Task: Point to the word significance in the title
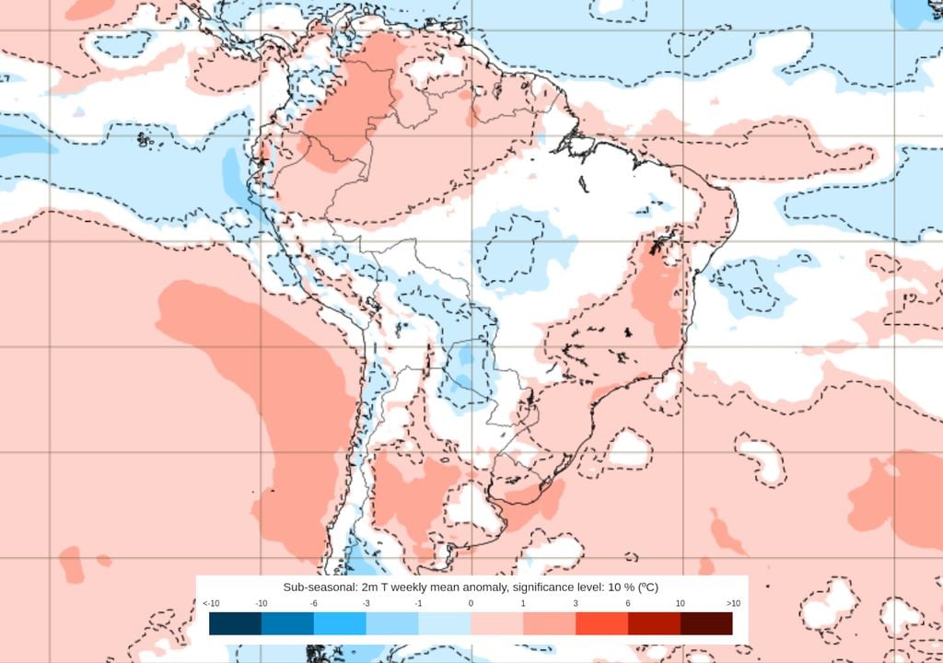pos(535,587)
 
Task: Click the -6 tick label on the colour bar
pos(314,603)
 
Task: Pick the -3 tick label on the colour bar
pos(367,603)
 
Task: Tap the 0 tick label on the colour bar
pos(471,603)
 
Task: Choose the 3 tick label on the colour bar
pos(576,603)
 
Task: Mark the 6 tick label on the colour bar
pos(628,603)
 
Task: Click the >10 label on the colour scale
pos(733,603)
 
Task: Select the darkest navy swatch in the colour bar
pos(235,623)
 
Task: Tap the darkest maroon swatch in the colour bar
pos(706,623)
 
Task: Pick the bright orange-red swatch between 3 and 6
pos(601,623)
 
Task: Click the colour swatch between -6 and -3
pos(340,623)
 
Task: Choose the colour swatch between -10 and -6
pos(287,623)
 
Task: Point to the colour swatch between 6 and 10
pos(654,623)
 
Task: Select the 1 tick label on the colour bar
pos(523,603)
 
